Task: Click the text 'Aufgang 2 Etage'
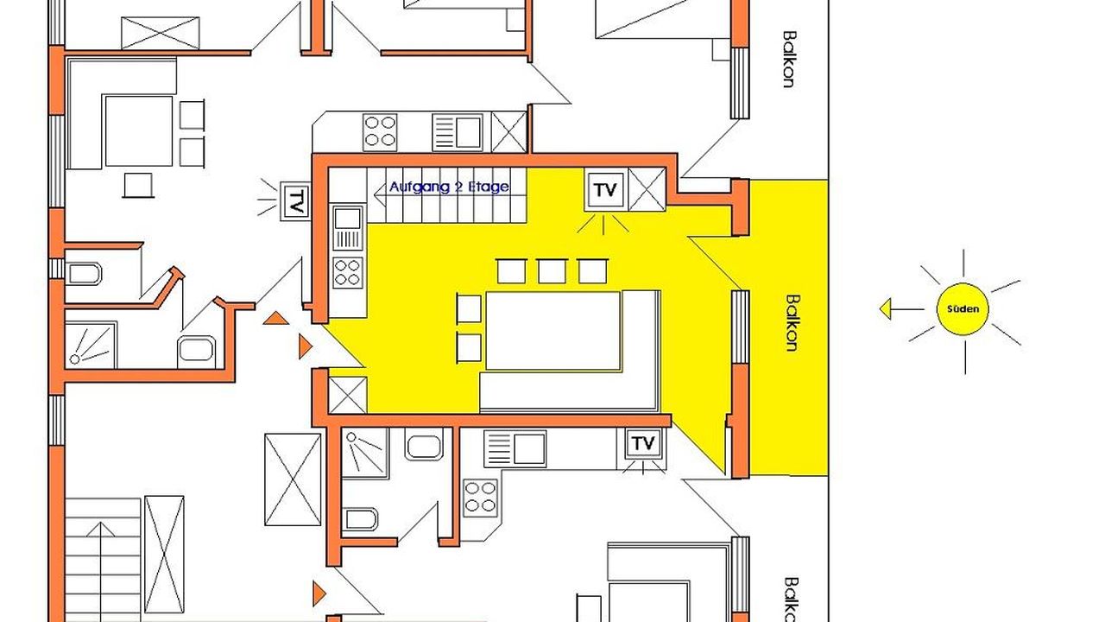click(x=449, y=187)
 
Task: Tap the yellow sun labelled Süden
click(x=963, y=309)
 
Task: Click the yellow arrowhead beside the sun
click(x=886, y=309)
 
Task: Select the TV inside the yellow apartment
click(x=605, y=189)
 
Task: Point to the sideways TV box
click(x=295, y=201)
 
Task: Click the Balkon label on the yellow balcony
click(x=792, y=323)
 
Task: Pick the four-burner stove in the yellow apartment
click(x=347, y=272)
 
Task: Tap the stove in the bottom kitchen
click(x=480, y=498)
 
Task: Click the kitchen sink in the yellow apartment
click(x=348, y=228)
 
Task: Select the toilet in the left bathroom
click(x=85, y=274)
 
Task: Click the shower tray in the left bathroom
click(x=91, y=345)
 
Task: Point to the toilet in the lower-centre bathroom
click(x=361, y=519)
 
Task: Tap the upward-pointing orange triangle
click(x=275, y=319)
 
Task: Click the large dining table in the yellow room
click(x=553, y=331)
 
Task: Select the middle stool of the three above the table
click(x=552, y=271)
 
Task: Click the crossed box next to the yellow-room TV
click(x=647, y=189)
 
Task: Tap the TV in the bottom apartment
click(x=643, y=443)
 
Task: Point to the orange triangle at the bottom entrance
click(x=319, y=593)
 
